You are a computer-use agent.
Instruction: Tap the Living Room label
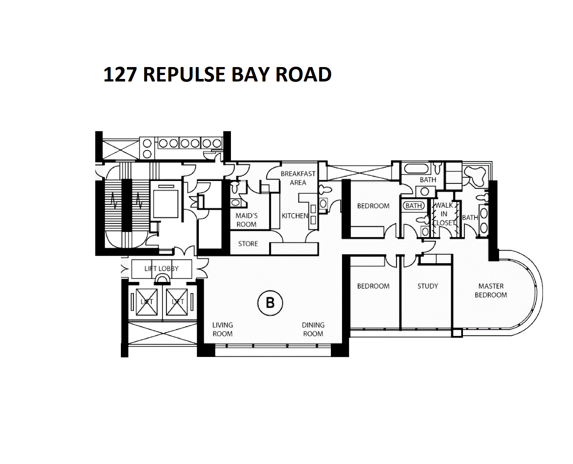(223, 329)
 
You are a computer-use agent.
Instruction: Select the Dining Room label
(313, 329)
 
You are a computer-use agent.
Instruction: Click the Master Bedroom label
(491, 290)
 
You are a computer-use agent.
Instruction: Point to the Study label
(428, 286)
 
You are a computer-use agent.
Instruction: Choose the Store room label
(248, 244)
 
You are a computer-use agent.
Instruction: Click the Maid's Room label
(246, 220)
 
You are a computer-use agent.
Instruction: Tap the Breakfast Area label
(298, 178)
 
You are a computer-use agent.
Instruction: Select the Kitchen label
(295, 216)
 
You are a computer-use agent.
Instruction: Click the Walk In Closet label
(444, 214)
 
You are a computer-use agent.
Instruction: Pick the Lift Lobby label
(161, 269)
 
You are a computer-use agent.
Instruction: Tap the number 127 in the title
(120, 75)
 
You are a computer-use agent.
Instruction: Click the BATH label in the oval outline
(414, 206)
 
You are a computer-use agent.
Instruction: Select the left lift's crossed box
(147, 302)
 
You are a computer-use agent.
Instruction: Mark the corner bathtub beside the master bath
(475, 176)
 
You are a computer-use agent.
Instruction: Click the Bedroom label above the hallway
(373, 206)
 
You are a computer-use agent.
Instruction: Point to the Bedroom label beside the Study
(373, 286)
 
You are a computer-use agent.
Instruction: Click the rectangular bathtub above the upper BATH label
(417, 168)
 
